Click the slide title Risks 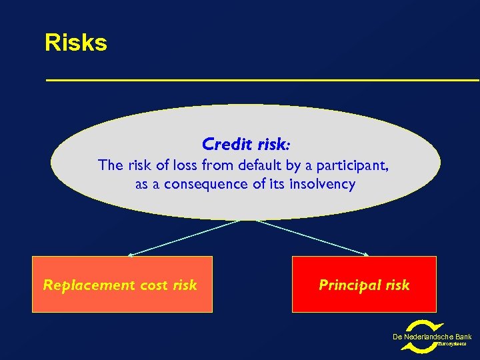75,43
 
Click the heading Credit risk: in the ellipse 246,144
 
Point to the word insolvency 323,184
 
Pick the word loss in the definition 187,165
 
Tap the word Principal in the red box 350,285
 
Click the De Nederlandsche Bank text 431,337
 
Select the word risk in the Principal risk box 397,285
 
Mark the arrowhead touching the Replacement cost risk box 131,255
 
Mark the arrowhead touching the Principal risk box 366,255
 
